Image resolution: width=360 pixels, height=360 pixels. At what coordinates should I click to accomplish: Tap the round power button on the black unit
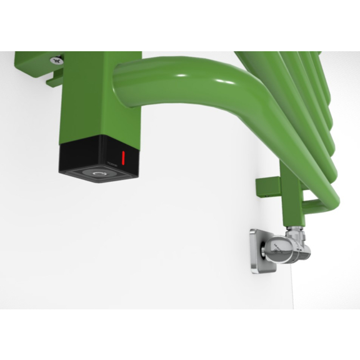point(98,174)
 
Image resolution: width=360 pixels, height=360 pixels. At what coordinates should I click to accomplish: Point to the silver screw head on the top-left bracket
point(56,60)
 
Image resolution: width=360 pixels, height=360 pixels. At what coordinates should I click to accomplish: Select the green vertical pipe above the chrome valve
point(290,200)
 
